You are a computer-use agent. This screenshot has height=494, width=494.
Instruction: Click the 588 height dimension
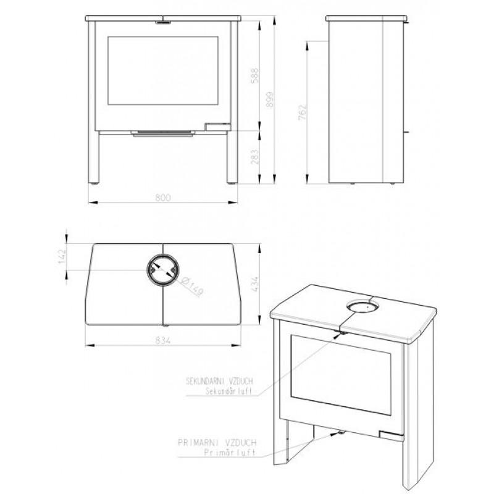pos(255,75)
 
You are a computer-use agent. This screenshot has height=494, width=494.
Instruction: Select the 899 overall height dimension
pos(270,99)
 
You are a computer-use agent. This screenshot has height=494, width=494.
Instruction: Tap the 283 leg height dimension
pos(255,157)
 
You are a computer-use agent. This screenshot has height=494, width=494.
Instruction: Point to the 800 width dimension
pos(163,198)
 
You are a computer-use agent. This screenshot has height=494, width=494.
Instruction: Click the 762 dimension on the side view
pos(302,112)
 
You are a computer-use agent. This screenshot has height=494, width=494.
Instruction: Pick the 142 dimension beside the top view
pos(62,256)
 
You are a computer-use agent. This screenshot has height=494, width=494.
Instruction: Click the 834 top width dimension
pos(163,340)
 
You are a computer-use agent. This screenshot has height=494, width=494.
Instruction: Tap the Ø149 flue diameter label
pos(192,286)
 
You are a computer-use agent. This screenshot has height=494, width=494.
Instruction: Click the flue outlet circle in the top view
pos(163,254)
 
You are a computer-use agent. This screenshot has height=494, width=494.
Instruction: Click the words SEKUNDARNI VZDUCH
pos(219,381)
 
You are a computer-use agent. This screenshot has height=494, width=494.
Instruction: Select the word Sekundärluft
pos(228,391)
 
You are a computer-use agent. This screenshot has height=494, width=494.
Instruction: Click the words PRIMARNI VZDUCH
pos(217,443)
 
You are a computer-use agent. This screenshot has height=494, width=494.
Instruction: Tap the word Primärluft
pos(230,453)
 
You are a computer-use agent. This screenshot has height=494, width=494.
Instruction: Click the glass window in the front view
pos(163,70)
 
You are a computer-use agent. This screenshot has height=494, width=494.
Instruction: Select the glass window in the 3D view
pos(341,375)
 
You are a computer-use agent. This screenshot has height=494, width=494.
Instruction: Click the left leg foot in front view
pos(94,182)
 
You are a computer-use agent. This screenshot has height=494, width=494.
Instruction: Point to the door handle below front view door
pos(163,134)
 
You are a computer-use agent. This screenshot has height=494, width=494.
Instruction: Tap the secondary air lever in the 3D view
pos(342,333)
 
